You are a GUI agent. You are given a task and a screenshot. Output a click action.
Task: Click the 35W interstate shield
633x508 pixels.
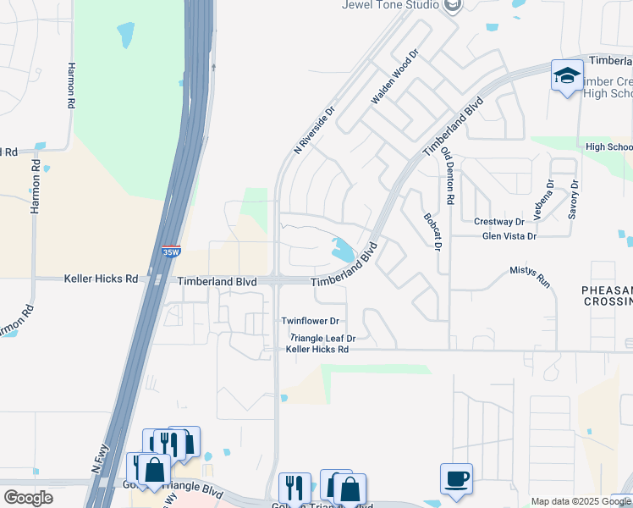pos(170,251)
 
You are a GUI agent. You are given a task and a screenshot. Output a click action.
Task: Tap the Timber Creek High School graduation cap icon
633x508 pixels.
pos(566,77)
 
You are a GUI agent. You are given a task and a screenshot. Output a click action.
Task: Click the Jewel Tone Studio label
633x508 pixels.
pos(390,5)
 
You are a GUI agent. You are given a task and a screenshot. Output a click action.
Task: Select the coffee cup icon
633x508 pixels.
pos(457,478)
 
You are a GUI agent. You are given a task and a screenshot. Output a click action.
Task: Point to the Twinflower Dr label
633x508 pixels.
pos(311,322)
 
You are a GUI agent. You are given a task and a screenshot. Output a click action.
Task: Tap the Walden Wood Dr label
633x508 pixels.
pos(395,77)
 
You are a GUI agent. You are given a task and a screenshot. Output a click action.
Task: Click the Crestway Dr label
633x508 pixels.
pos(499,222)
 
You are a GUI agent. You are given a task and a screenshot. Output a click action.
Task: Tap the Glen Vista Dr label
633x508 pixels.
pos(509,236)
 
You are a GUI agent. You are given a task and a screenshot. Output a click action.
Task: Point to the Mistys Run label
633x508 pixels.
pos(531,276)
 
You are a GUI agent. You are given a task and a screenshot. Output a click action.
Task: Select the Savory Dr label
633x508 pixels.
pos(574,200)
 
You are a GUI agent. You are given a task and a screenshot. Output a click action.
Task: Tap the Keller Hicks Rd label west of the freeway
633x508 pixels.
pos(101,279)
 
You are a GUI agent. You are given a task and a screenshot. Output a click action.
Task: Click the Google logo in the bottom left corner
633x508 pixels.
pos(28,498)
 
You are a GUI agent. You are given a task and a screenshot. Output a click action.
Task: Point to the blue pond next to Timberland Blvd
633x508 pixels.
pos(344,250)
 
